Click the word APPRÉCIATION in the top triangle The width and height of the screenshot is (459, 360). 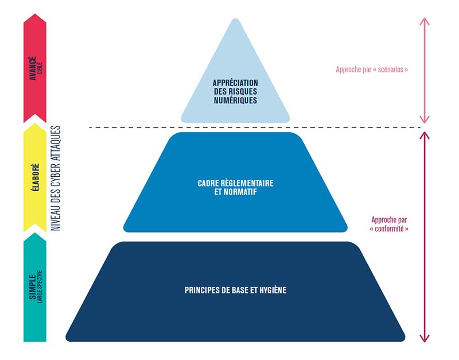click(x=235, y=83)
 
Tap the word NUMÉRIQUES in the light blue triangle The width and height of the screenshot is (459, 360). click(x=235, y=100)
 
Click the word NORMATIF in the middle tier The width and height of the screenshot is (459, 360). click(x=240, y=192)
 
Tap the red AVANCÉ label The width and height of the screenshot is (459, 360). click(x=33, y=68)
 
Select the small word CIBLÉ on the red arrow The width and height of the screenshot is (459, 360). click(x=40, y=68)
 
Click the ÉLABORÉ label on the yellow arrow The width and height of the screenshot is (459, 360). click(x=35, y=177)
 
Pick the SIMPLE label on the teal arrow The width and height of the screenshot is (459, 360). click(x=32, y=287)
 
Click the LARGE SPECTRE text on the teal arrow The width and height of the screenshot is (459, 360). click(x=40, y=287)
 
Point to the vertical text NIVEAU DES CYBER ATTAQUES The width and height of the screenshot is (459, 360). click(x=56, y=178)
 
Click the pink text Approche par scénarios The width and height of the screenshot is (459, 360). click(x=372, y=69)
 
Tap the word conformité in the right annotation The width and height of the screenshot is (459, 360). click(x=389, y=229)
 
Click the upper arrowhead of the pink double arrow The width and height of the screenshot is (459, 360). click(x=425, y=21)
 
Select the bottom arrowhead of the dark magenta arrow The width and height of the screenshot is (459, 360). click(x=425, y=338)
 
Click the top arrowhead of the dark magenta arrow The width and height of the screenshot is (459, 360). click(x=425, y=136)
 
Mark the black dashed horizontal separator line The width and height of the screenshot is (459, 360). click(x=255, y=127)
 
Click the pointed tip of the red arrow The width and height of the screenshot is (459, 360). click(x=35, y=14)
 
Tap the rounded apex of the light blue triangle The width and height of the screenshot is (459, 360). click(x=235, y=19)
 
